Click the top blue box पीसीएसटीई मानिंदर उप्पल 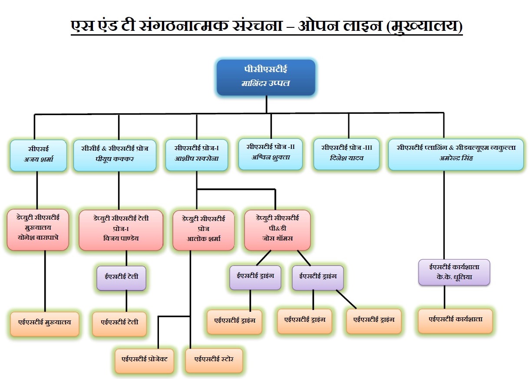(266, 78)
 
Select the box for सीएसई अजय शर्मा (38, 155)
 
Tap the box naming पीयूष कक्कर (115, 155)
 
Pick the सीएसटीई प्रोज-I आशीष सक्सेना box (197, 155)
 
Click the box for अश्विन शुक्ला (271, 154)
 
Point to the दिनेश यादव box (347, 154)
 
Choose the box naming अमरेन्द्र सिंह (456, 155)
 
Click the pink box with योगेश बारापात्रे (38, 230)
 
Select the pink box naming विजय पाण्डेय (121, 230)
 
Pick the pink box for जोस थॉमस (278, 230)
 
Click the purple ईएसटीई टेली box (121, 278)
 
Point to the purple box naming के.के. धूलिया (454, 272)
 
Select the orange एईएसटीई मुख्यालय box (45, 324)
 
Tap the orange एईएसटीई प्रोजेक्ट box (144, 361)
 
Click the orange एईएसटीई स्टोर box (214, 360)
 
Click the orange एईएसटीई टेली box (119, 324)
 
